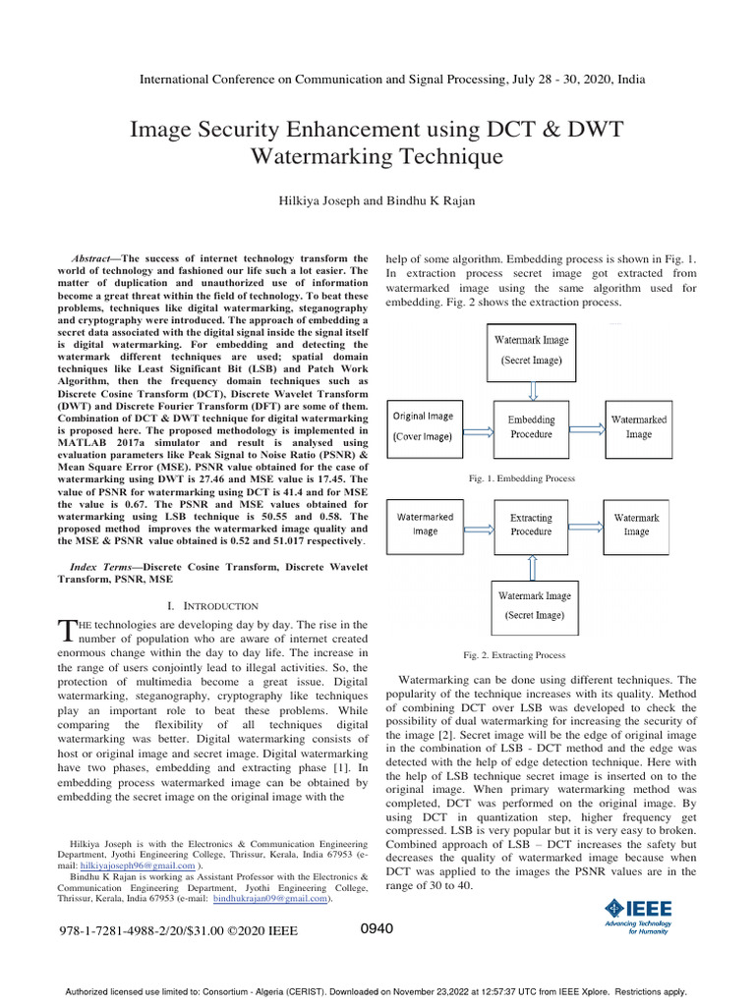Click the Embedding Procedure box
531,426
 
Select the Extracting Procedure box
531,524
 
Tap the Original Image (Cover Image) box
425,426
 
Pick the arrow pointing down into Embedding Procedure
531,390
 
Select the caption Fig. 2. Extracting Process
514,655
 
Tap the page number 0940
377,928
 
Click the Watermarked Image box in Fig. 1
638,426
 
